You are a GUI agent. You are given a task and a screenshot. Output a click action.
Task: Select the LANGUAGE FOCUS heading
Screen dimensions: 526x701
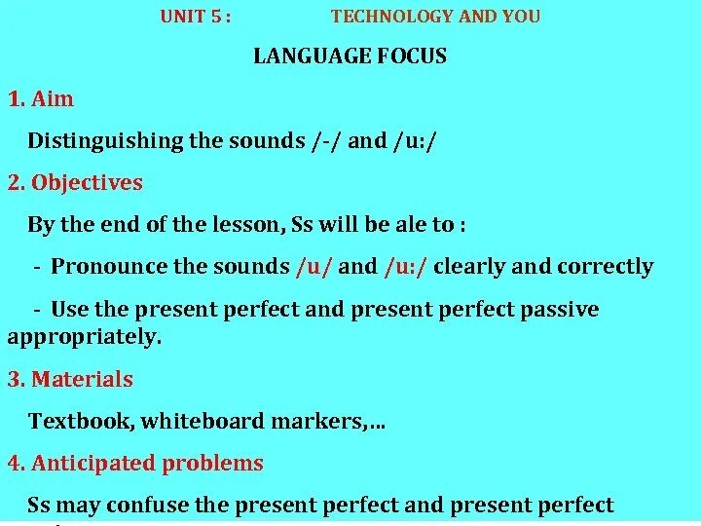point(350,56)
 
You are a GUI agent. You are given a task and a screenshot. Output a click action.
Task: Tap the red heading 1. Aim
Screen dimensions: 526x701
point(41,98)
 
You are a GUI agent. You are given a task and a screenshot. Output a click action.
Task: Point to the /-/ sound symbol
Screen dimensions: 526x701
point(326,141)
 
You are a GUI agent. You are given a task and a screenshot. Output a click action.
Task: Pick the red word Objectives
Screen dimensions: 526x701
point(88,182)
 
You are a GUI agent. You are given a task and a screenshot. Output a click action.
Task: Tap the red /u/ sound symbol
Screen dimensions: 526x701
point(314,267)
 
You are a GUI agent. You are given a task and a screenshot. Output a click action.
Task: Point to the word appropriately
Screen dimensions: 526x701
point(84,337)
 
